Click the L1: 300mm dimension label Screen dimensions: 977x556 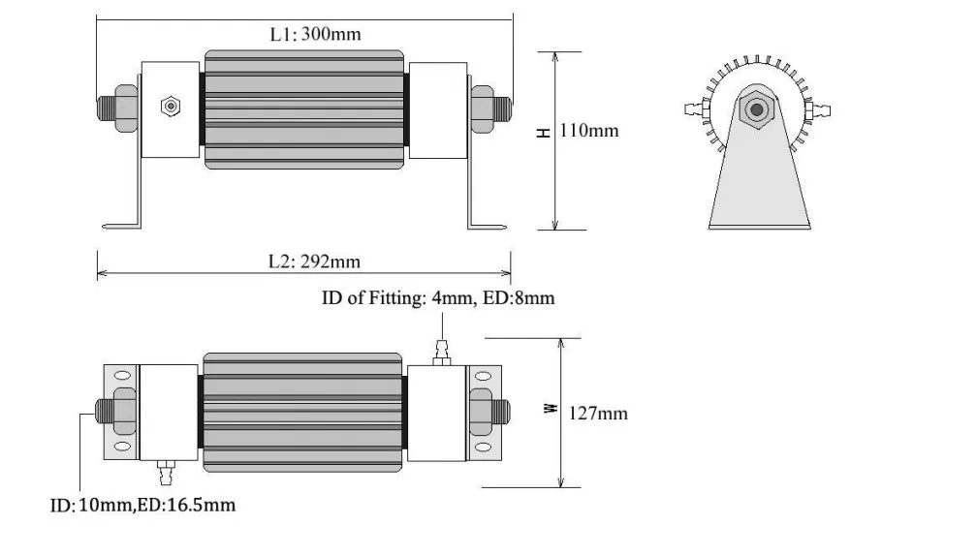click(x=315, y=34)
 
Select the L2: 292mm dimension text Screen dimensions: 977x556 click(x=314, y=262)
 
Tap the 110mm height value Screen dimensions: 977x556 click(x=589, y=131)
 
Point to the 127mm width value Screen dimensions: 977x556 click(x=597, y=414)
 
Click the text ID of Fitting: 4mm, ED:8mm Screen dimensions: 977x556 click(x=438, y=297)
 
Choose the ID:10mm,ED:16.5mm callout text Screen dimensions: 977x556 click(x=142, y=505)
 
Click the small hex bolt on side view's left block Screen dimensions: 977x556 click(x=171, y=107)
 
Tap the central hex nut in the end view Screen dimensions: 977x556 click(x=756, y=110)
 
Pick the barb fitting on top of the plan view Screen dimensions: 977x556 click(x=442, y=353)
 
